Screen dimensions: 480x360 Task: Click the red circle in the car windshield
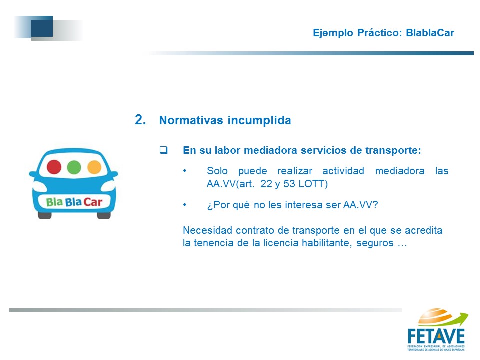[54, 167]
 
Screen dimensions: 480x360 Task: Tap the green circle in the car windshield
[74, 167]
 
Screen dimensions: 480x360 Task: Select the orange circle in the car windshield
[94, 167]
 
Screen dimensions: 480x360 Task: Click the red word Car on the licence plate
[93, 202]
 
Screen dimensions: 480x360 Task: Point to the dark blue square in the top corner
[42, 26]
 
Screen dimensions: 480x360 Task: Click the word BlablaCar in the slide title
[430, 33]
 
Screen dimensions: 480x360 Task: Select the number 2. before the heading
[140, 119]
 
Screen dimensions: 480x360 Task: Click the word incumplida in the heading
[259, 120]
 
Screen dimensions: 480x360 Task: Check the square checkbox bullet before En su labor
[164, 150]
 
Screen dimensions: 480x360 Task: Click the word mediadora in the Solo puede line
[400, 171]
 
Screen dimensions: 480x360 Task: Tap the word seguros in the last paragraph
[375, 243]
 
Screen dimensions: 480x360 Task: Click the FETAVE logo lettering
[436, 336]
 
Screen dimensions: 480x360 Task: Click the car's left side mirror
[34, 174]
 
